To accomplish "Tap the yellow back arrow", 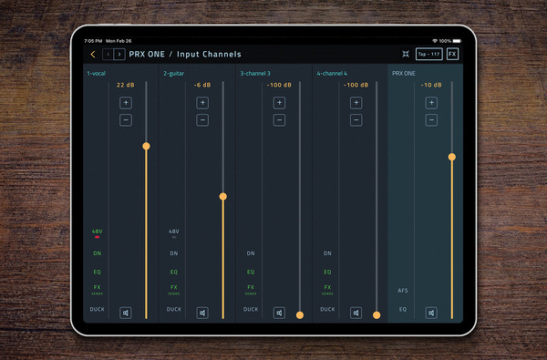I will (93, 55).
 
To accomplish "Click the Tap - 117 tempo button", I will (428, 55).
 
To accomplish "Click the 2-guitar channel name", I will (174, 73).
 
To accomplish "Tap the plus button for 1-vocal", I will (126, 102).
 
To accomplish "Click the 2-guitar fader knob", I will (222, 196).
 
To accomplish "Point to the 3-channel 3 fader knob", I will (300, 314).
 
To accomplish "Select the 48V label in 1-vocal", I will (98, 231).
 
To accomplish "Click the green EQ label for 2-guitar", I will (174, 272).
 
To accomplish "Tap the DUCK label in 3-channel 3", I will (251, 309).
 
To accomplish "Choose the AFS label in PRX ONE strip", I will (403, 291).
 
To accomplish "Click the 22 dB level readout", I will (126, 85).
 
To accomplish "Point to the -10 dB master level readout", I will (431, 85).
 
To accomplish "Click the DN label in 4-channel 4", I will (327, 253).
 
